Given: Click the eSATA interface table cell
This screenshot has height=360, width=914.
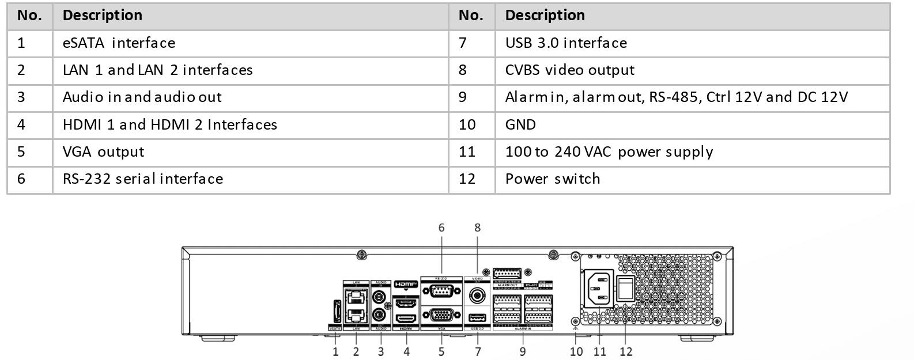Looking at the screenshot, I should [250, 43].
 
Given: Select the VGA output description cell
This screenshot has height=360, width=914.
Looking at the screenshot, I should [250, 152].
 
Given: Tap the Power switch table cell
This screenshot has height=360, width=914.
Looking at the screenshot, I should [692, 179].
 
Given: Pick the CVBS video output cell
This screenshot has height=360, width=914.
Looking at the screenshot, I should [692, 70].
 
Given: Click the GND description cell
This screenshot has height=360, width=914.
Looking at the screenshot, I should [692, 125].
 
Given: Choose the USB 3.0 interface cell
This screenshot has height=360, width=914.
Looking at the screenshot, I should [692, 43].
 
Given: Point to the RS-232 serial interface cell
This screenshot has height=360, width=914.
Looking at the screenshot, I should [250, 179].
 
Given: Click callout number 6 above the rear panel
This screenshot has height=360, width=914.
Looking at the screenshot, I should [441, 228].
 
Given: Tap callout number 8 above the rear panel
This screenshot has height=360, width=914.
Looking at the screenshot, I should [477, 228].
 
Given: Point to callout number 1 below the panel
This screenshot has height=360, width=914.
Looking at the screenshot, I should [335, 351].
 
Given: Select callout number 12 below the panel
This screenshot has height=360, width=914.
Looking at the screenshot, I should [626, 351].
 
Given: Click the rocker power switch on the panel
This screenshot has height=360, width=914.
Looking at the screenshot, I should [626, 288].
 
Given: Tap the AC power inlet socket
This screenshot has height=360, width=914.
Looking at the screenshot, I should [598, 288].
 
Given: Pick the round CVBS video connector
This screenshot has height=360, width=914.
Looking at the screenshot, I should [477, 296].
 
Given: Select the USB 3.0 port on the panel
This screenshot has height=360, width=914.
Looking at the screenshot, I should [477, 317].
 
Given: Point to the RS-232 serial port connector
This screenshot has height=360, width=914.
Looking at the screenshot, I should [441, 293].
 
